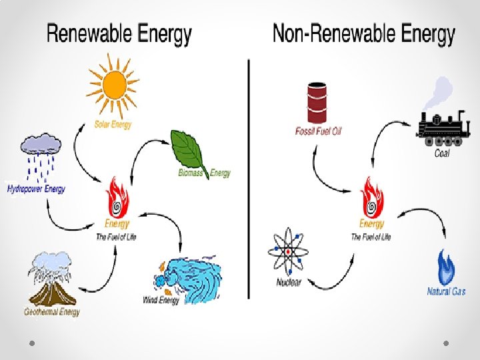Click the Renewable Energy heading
coord(119,34)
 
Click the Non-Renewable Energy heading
coord(364,34)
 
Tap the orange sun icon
coord(114,85)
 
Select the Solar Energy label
coord(113,124)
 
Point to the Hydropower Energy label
coord(36,189)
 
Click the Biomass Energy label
coord(204,173)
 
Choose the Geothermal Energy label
coord(52,311)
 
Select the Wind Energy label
coord(161,300)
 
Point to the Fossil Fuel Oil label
coord(318,131)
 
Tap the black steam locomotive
coord(441,127)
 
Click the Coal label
coord(442,153)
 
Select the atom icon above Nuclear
coord(289,252)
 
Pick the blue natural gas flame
coord(445,267)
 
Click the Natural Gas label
coord(446,291)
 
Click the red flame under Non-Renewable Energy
coord(371,197)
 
